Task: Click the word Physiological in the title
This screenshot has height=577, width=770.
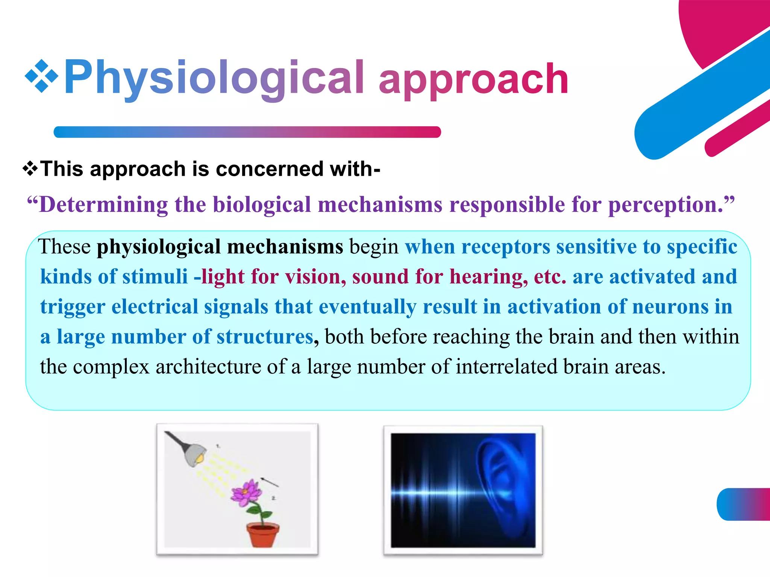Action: click(214, 78)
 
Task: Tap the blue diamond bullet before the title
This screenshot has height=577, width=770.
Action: click(41, 76)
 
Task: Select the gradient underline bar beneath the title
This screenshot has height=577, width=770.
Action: click(247, 132)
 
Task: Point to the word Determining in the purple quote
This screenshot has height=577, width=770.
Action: click(103, 205)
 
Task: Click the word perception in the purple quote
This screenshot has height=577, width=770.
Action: click(665, 205)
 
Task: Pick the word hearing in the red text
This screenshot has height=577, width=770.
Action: click(489, 277)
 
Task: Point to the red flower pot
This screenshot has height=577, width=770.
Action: click(263, 534)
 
